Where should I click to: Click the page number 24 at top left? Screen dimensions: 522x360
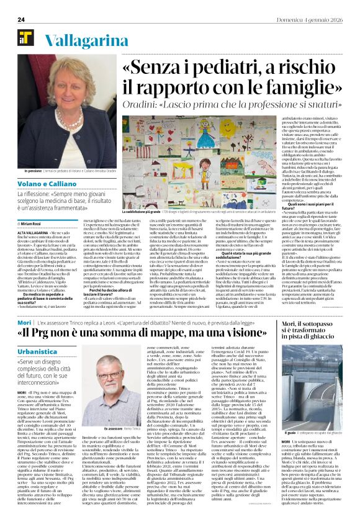(x=20, y=19)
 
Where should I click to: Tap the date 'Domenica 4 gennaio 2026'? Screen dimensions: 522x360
(x=317, y=19)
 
